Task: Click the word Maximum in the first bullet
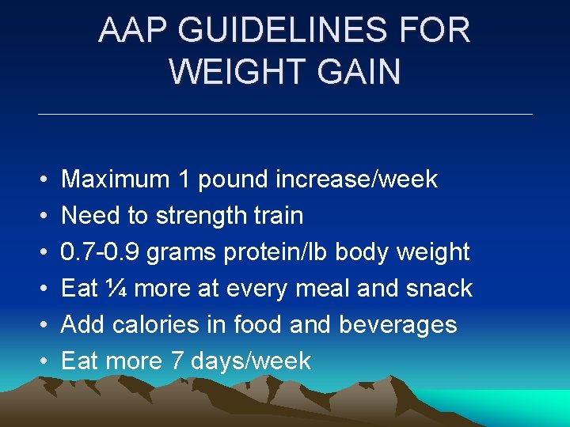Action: coord(116,179)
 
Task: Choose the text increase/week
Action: coord(356,179)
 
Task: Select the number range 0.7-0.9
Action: coord(101,252)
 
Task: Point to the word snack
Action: coord(439,289)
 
